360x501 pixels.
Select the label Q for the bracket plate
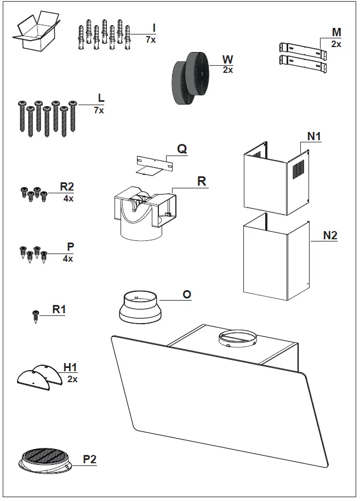[x=182, y=148]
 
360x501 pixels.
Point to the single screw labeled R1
[x=36, y=316]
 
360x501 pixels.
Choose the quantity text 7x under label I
[x=151, y=39]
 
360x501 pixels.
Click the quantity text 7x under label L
[x=99, y=110]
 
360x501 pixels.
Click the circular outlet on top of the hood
[x=237, y=339]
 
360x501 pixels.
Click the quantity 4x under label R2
[x=68, y=199]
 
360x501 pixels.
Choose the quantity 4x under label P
[x=68, y=258]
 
